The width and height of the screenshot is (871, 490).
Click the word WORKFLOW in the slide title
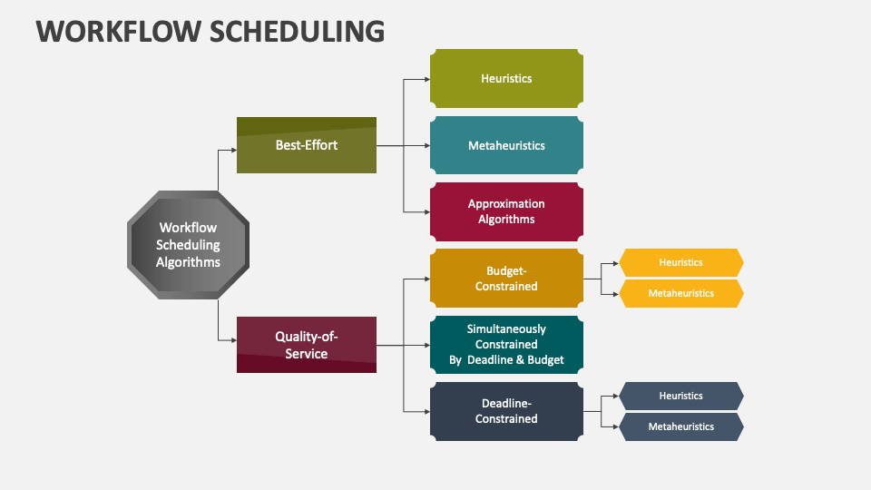point(118,31)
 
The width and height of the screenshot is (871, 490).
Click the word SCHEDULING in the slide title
point(298,31)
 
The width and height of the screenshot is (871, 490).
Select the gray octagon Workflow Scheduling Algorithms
point(189,245)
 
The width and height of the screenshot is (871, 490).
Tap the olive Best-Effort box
point(307,145)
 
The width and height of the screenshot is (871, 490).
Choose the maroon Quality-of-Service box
point(307,345)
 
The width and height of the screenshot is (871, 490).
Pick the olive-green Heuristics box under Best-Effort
point(506,78)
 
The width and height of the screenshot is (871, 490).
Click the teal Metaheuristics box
point(506,145)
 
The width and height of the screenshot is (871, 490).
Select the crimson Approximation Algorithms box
point(506,211)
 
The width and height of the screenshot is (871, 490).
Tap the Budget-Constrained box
point(506,279)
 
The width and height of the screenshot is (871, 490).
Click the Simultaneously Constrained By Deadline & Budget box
point(506,345)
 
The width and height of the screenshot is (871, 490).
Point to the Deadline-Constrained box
point(506,411)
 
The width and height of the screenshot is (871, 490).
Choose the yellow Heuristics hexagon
point(681,263)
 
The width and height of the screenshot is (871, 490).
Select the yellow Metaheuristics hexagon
point(681,293)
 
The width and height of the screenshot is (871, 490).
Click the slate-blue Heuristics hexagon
point(681,397)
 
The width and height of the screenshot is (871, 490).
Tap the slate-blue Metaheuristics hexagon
point(681,426)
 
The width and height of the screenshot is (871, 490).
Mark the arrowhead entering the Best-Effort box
point(234,150)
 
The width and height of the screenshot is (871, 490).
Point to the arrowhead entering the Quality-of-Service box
point(234,340)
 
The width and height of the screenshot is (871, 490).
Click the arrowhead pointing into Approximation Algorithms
point(427,211)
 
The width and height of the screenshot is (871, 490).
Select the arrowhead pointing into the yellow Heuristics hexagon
point(615,263)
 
